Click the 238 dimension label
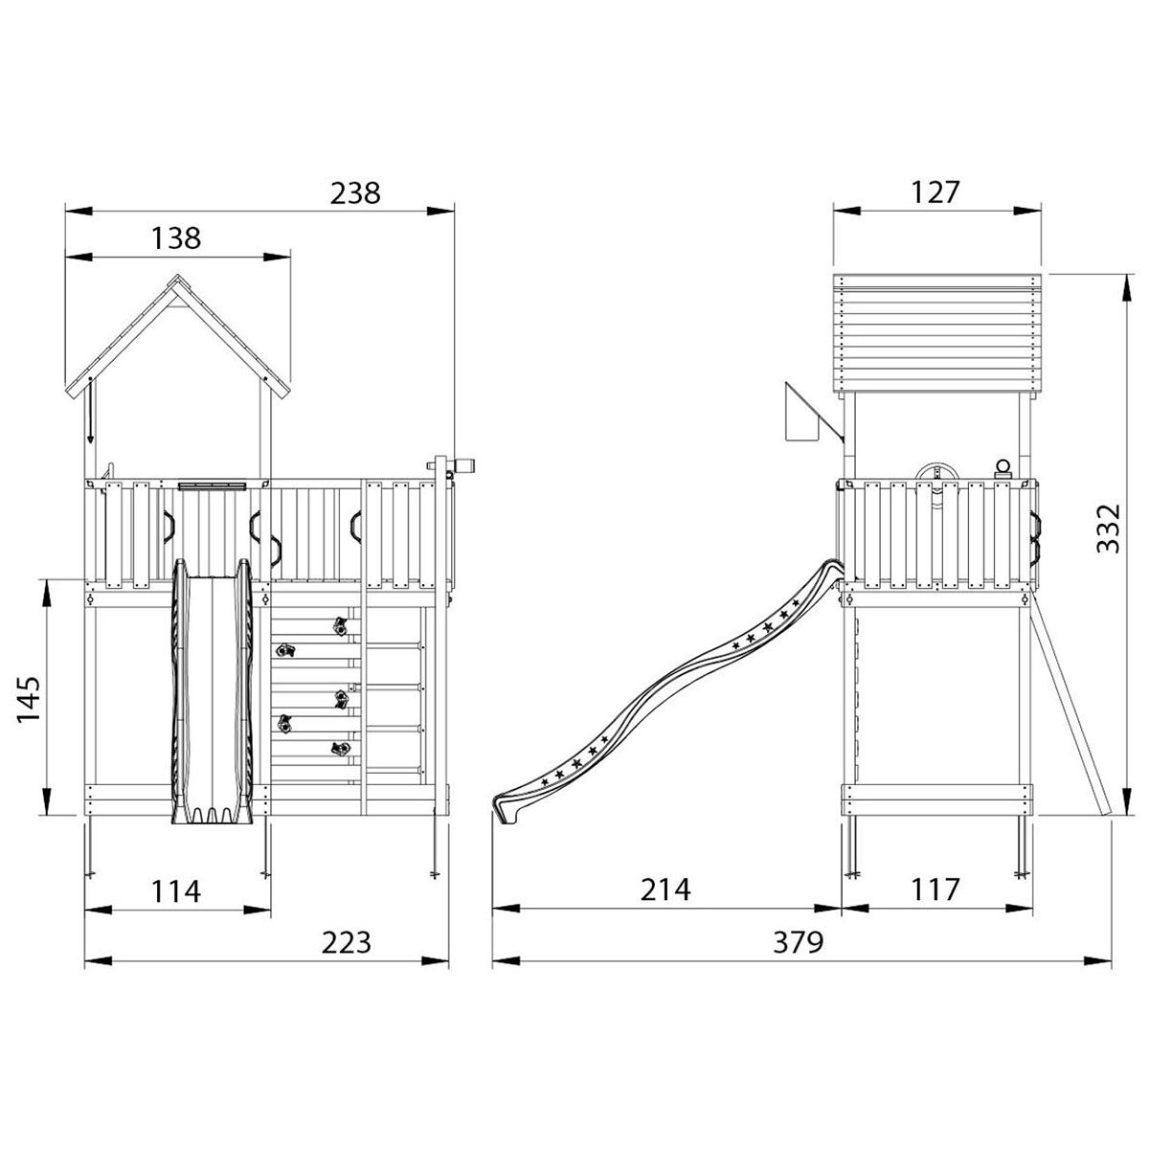pos(355,193)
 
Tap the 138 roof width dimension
pos(176,238)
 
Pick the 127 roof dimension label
pos(935,192)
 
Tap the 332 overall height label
pos(1109,529)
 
